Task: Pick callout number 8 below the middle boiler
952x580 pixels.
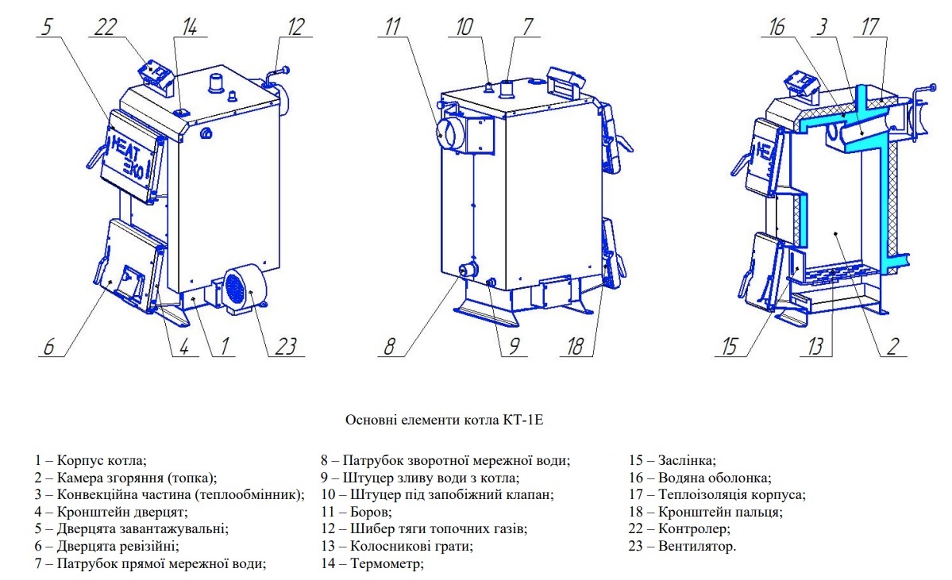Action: pyautogui.click(x=388, y=346)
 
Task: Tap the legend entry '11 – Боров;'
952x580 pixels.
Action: pyautogui.click(x=356, y=512)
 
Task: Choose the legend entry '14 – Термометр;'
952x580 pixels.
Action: pyautogui.click(x=372, y=563)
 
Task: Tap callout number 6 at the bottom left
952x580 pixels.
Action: pyautogui.click(x=49, y=346)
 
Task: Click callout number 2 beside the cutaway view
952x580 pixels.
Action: pyautogui.click(x=892, y=346)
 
